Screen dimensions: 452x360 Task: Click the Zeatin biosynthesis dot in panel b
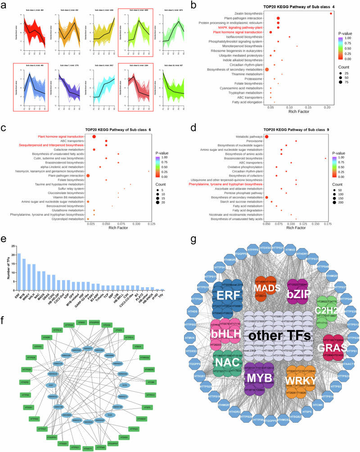pyautogui.click(x=331, y=13)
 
